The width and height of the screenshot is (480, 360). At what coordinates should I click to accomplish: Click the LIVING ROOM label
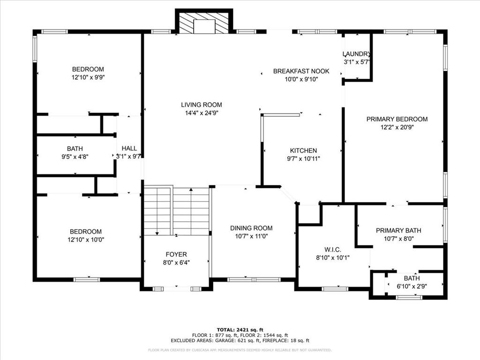(202, 105)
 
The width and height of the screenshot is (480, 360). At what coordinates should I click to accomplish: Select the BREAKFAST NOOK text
(301, 71)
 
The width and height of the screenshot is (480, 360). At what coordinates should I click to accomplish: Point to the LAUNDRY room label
(357, 54)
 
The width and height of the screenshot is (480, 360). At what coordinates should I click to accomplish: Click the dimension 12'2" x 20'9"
(397, 127)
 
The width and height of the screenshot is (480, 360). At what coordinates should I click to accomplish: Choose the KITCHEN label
(303, 150)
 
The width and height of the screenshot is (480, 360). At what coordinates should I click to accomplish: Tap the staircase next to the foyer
(176, 211)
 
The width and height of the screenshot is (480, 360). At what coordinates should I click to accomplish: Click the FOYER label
(176, 255)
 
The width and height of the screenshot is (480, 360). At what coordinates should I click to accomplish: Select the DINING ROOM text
(251, 228)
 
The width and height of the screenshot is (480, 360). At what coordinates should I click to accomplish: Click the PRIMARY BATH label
(398, 230)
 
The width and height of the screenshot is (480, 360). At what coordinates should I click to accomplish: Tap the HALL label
(129, 148)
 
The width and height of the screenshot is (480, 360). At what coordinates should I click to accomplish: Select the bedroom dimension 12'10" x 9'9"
(88, 77)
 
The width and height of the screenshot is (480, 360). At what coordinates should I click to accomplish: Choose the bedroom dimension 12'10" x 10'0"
(86, 239)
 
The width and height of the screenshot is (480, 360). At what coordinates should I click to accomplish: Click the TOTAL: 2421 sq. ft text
(240, 330)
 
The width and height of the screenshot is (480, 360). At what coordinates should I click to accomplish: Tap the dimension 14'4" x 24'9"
(202, 112)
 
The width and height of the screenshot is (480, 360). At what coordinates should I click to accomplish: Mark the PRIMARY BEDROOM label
(397, 119)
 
